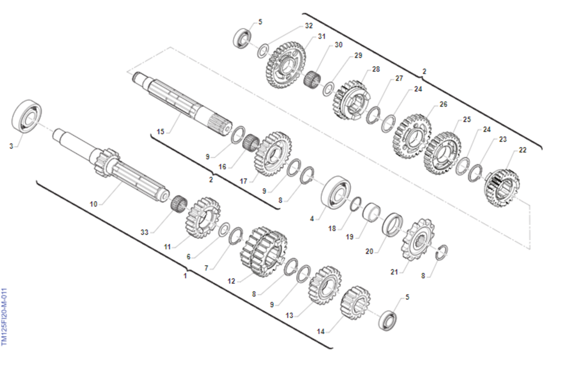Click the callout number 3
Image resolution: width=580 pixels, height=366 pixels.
11,146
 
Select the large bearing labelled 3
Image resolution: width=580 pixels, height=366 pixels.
27,116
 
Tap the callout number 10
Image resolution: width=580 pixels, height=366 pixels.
93,204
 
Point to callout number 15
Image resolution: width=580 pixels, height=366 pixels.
160,132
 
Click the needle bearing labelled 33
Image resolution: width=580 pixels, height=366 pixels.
179,204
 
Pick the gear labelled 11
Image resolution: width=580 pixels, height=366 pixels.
203,218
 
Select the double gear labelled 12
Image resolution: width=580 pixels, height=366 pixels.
263,252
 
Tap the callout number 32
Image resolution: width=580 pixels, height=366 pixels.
309,26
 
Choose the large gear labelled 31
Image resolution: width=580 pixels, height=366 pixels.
285,65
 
